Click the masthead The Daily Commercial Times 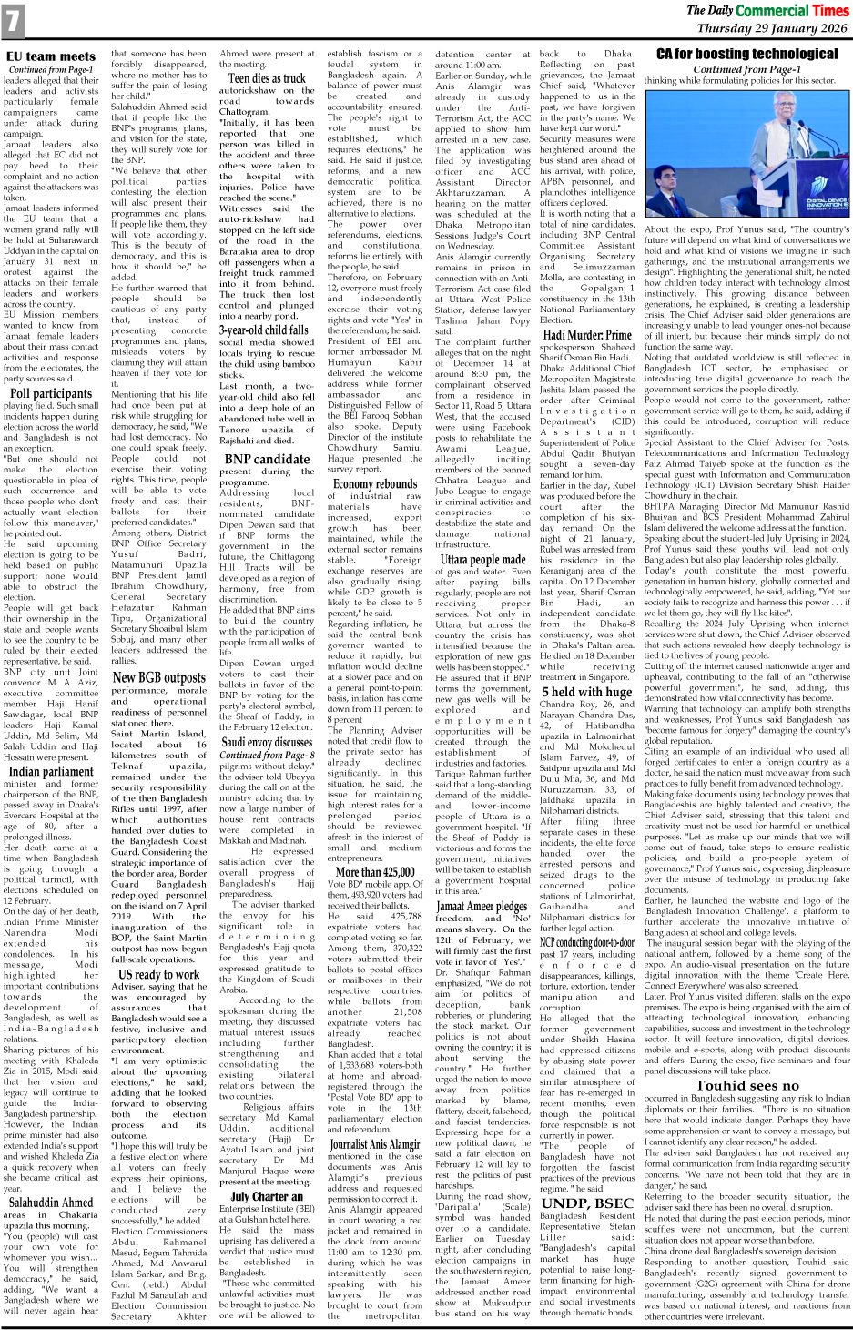(767, 11)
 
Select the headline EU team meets (51, 56)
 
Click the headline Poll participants (51, 394)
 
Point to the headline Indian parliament (51, 771)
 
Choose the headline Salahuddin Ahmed (51, 1203)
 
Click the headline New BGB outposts (158, 677)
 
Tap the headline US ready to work (158, 974)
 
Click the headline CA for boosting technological (746, 55)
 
